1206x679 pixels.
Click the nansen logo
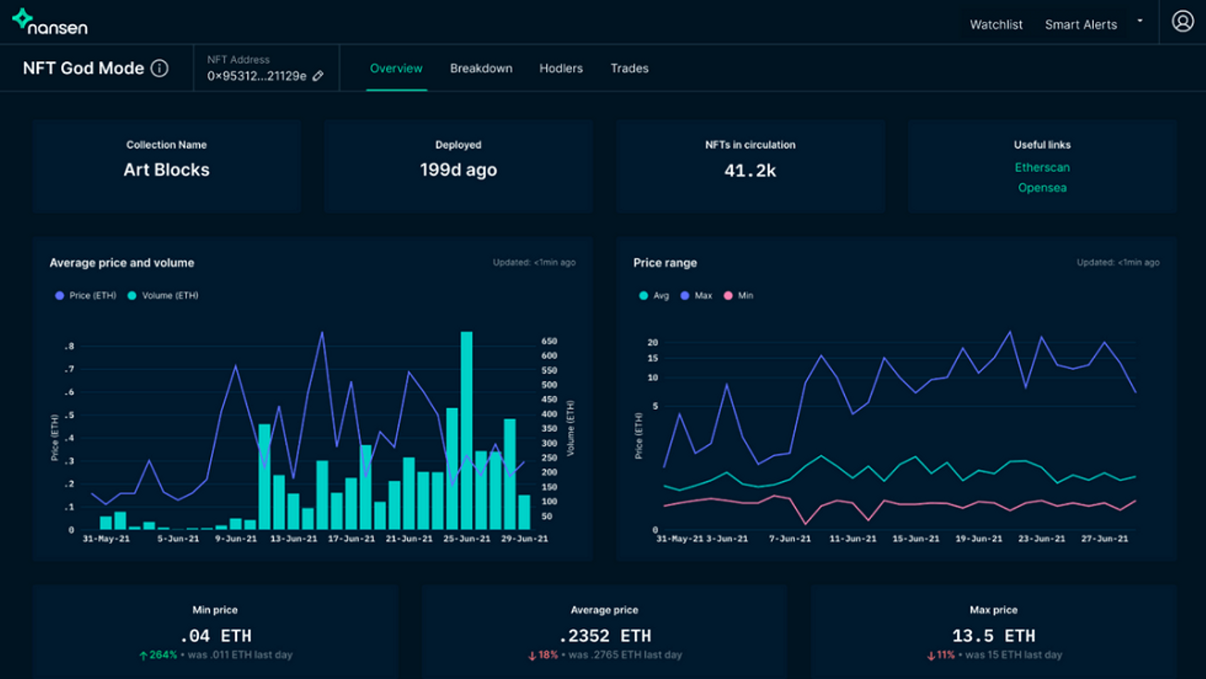pos(50,22)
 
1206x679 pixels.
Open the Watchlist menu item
pos(996,24)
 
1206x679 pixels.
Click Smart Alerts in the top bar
pos(1080,24)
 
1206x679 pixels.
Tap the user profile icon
pos(1182,21)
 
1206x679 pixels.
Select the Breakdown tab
pos(481,68)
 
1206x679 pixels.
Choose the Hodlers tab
pos(560,68)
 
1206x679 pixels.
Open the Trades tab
pos(629,68)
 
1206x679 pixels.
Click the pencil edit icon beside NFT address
pos(318,76)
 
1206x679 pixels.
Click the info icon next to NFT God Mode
pos(160,68)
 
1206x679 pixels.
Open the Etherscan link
pos(1041,168)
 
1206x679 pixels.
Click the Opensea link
pos(1041,188)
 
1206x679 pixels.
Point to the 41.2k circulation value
pos(749,171)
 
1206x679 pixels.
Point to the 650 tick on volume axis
pos(549,341)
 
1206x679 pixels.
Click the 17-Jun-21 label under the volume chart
pos(351,539)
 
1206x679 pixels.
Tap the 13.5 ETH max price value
pos(993,636)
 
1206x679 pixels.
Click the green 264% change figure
pos(162,655)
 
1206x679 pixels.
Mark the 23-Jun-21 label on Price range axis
pos(1041,539)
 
